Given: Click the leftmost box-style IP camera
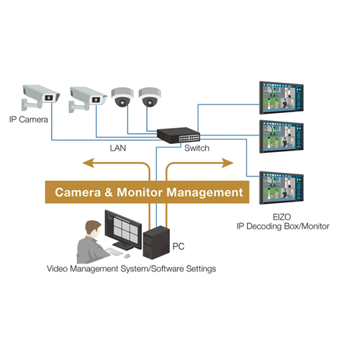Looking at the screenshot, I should coord(39,95).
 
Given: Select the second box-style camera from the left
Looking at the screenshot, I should coord(87,95).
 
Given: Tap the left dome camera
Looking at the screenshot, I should coord(120,98).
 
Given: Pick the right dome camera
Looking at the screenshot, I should coord(149,98).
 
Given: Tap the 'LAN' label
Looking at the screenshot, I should coord(118,148).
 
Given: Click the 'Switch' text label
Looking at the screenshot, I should coord(197,148).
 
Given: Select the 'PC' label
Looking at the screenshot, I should coord(180,246).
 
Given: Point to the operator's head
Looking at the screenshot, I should coord(91,230).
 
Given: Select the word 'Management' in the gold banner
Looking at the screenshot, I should coord(202,192).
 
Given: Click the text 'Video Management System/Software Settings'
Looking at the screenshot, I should coord(131,269).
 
